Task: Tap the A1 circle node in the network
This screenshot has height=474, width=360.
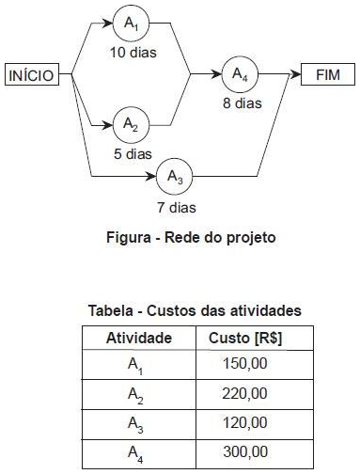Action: [x=132, y=23]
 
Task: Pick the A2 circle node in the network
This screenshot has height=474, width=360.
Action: [x=132, y=124]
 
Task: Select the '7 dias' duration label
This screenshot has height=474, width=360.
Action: [x=177, y=206]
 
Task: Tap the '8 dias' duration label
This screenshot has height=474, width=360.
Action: [x=243, y=103]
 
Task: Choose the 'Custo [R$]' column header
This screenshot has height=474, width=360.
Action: [x=245, y=338]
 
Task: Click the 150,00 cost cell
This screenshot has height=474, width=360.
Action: [x=246, y=364]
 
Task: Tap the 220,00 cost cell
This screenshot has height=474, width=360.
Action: [x=246, y=393]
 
